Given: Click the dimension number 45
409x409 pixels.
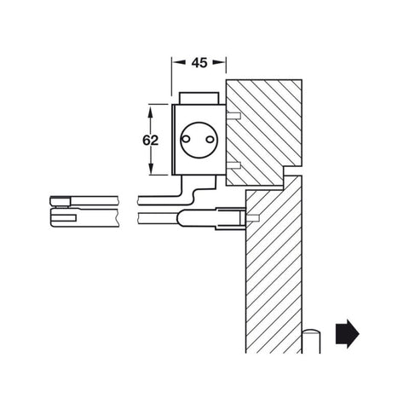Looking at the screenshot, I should pyautogui.click(x=199, y=62).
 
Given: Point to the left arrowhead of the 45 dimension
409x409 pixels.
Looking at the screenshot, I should pyautogui.click(x=176, y=62).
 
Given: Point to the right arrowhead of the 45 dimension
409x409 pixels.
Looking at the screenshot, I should pyautogui.click(x=222, y=62).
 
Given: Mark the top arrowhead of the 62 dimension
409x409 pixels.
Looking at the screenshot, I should pyautogui.click(x=152, y=107).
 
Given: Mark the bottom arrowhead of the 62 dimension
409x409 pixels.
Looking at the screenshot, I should pyautogui.click(x=152, y=172).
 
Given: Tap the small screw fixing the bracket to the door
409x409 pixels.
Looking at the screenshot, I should pyautogui.click(x=253, y=218).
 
